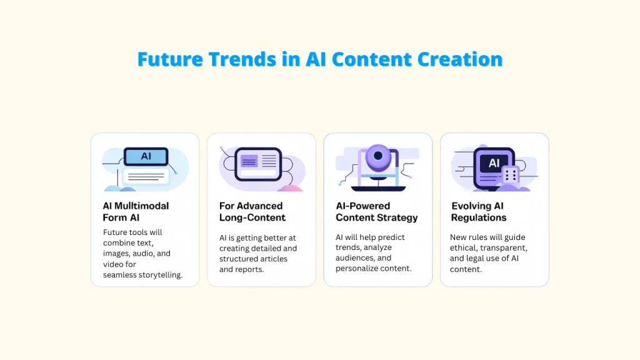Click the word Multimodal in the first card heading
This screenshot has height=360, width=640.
point(141,206)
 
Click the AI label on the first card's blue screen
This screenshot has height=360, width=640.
point(146,156)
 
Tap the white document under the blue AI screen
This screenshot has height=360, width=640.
point(146,176)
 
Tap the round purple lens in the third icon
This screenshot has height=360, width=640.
point(378,156)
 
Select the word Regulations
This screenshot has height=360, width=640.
point(479,217)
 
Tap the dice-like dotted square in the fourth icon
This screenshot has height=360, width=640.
point(510,176)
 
